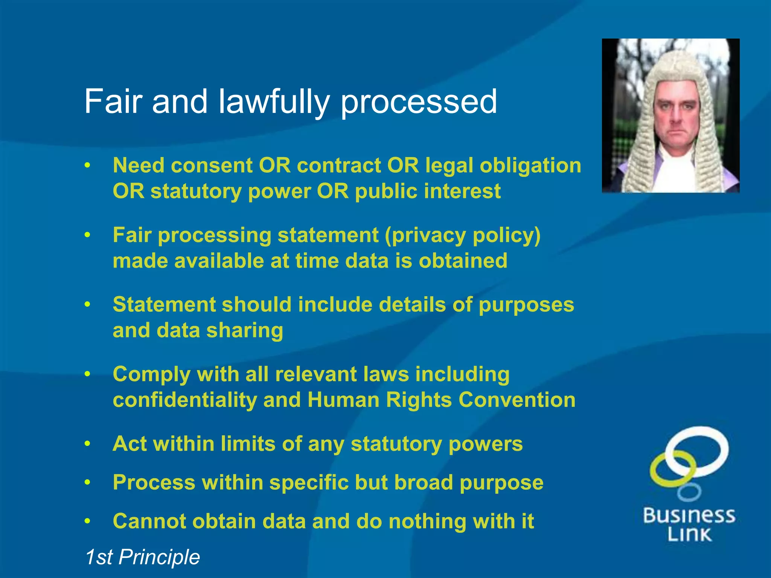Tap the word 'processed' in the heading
tap(419, 102)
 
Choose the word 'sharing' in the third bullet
tap(245, 330)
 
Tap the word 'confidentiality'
tap(185, 400)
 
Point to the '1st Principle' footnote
tap(142, 557)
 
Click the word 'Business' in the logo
tap(689, 516)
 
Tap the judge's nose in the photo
tap(677, 115)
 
